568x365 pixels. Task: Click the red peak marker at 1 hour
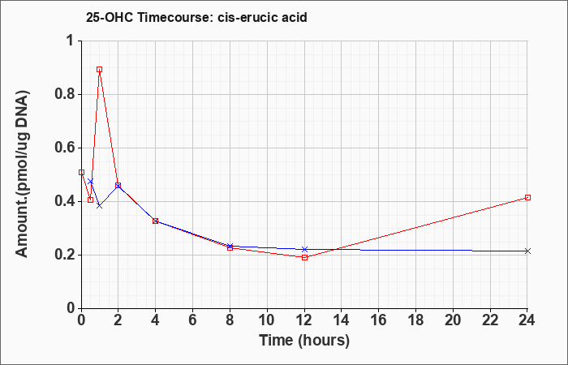click(99, 69)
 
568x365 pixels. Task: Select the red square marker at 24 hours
click(527, 197)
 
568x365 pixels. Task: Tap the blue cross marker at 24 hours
click(527, 251)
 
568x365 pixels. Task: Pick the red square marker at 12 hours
click(304, 257)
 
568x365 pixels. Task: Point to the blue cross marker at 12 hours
click(304, 249)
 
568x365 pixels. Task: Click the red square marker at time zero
click(81, 172)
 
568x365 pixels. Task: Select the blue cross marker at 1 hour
click(99, 206)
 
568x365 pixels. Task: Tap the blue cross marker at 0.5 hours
click(91, 182)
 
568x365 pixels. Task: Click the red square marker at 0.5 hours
click(91, 200)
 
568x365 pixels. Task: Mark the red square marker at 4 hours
click(156, 221)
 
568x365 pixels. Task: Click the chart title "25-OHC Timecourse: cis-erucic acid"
click(196, 17)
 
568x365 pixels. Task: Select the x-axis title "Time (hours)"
click(304, 341)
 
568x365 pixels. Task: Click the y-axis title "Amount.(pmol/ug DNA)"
click(23, 174)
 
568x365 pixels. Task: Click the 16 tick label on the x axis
click(379, 320)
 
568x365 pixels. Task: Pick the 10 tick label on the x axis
click(267, 320)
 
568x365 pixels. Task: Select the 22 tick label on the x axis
click(490, 320)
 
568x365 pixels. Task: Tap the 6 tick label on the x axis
click(192, 320)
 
